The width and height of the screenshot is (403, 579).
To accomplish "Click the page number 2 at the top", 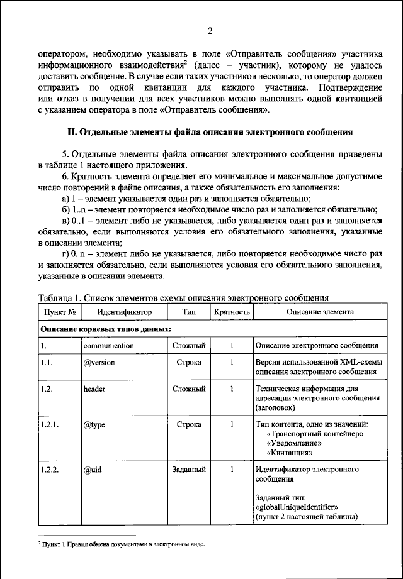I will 210,31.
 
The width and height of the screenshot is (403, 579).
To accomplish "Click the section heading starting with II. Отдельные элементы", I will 210,132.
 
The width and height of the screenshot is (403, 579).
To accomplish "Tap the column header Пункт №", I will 60,312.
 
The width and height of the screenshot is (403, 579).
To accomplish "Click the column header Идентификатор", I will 124,312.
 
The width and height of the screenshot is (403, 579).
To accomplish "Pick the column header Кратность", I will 232,312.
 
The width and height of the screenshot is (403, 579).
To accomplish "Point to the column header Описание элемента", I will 320,312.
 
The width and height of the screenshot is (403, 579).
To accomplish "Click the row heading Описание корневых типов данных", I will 106,329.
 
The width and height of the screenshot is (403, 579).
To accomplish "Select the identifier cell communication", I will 108,346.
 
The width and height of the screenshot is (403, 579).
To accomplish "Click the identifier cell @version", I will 99,363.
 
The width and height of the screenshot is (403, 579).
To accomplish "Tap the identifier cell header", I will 94,389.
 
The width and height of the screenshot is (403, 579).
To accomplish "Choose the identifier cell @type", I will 94,425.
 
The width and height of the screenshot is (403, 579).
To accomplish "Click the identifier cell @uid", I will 93,470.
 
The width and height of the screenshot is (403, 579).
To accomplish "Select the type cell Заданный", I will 189,470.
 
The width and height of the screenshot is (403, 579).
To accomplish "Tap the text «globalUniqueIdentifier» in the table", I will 298,505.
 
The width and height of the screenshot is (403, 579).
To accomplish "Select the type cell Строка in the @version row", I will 189,363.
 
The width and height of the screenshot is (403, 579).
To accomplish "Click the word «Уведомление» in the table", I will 295,443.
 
